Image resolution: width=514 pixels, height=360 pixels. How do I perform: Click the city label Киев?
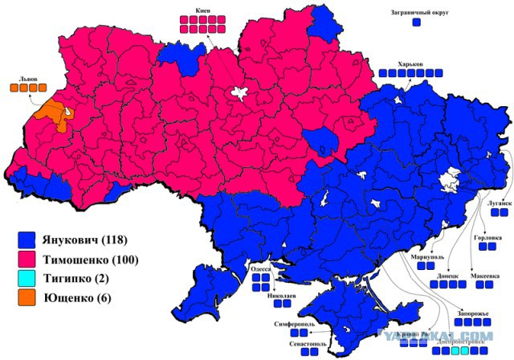pos(204,10)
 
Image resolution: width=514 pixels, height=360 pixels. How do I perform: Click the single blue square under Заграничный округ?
pos(416,23)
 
